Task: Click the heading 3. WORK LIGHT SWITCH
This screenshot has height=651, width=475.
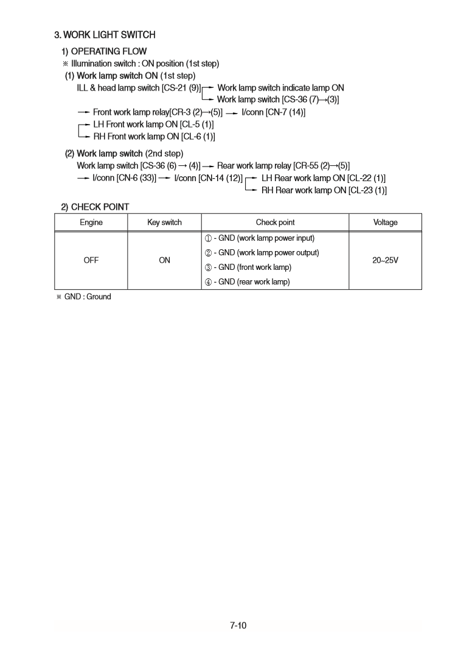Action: (105, 35)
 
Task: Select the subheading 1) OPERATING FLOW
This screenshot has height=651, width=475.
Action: (103, 51)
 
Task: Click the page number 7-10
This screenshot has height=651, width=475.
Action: (238, 625)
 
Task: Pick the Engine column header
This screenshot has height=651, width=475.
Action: (91, 222)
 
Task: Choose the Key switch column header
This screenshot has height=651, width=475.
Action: (164, 222)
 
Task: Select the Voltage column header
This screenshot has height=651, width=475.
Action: (385, 222)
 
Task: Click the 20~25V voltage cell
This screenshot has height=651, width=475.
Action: (385, 260)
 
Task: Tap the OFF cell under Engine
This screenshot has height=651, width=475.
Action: (91, 260)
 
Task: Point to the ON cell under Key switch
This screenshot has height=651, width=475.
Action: (164, 260)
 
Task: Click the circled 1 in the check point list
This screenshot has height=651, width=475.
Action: (208, 238)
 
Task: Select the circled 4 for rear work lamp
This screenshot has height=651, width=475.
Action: (208, 282)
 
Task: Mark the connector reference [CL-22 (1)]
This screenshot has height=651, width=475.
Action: (366, 178)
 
